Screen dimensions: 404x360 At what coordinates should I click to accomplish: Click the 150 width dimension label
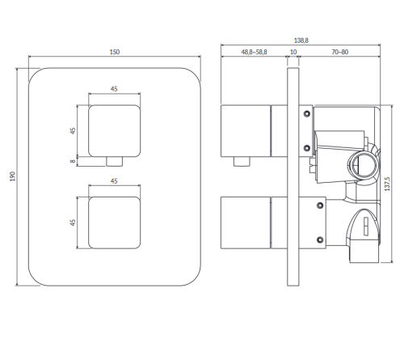(115, 52)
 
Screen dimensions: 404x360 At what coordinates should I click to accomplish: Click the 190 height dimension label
(13, 176)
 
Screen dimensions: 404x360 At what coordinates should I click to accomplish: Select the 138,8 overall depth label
(301, 40)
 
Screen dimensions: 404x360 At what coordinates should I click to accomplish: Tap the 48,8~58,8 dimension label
(254, 52)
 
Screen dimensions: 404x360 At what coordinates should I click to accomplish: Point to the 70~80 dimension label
(340, 52)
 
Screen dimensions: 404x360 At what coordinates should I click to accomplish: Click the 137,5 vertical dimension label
(387, 184)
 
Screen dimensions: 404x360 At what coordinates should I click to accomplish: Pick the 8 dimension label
(73, 161)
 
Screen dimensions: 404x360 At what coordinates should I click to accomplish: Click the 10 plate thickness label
(293, 52)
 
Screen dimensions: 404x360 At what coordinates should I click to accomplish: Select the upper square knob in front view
(115, 131)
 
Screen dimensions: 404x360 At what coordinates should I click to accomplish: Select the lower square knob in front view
(115, 222)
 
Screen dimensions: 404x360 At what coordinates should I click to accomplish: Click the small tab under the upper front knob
(115, 162)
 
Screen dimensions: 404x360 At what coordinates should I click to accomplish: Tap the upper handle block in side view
(246, 131)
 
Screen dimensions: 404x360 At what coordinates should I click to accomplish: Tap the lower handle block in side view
(246, 222)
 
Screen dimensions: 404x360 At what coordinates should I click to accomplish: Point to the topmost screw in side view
(307, 114)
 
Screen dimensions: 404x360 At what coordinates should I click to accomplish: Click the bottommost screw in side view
(320, 239)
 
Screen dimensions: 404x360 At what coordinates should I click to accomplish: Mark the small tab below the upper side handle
(242, 162)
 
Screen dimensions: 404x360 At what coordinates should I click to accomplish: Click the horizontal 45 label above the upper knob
(114, 89)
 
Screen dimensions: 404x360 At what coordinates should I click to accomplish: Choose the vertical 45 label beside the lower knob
(73, 222)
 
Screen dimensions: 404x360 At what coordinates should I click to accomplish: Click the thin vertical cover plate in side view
(293, 177)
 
